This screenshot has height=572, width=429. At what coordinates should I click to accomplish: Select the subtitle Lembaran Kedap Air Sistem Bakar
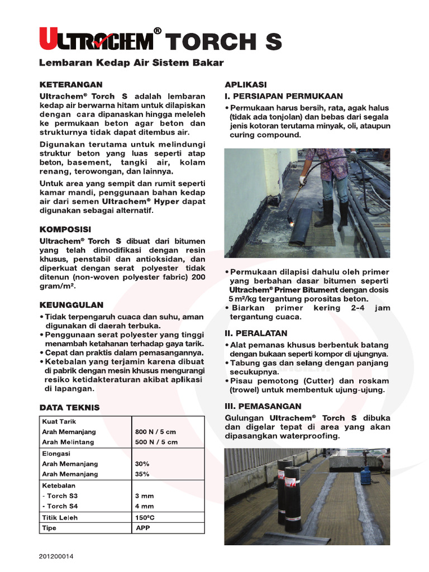[131, 63]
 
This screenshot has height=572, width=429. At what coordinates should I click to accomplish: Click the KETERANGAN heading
[70, 84]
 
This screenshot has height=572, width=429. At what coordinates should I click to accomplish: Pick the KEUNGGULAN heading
[71, 305]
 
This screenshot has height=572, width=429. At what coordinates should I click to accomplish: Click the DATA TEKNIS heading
[69, 407]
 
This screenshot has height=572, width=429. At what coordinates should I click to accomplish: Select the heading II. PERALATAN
[256, 333]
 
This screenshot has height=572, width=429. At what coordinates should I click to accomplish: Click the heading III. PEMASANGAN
[263, 406]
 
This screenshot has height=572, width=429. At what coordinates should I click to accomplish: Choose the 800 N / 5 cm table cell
[156, 432]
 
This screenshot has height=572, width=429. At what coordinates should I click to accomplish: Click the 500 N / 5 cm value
[156, 442]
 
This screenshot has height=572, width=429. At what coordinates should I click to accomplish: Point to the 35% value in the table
[142, 474]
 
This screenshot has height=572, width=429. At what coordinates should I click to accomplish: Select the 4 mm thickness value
[144, 506]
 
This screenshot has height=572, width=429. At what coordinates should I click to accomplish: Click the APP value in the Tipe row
[142, 528]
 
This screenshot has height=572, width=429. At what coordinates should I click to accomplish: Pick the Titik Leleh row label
[60, 517]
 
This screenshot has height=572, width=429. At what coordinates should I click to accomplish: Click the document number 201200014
[56, 556]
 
